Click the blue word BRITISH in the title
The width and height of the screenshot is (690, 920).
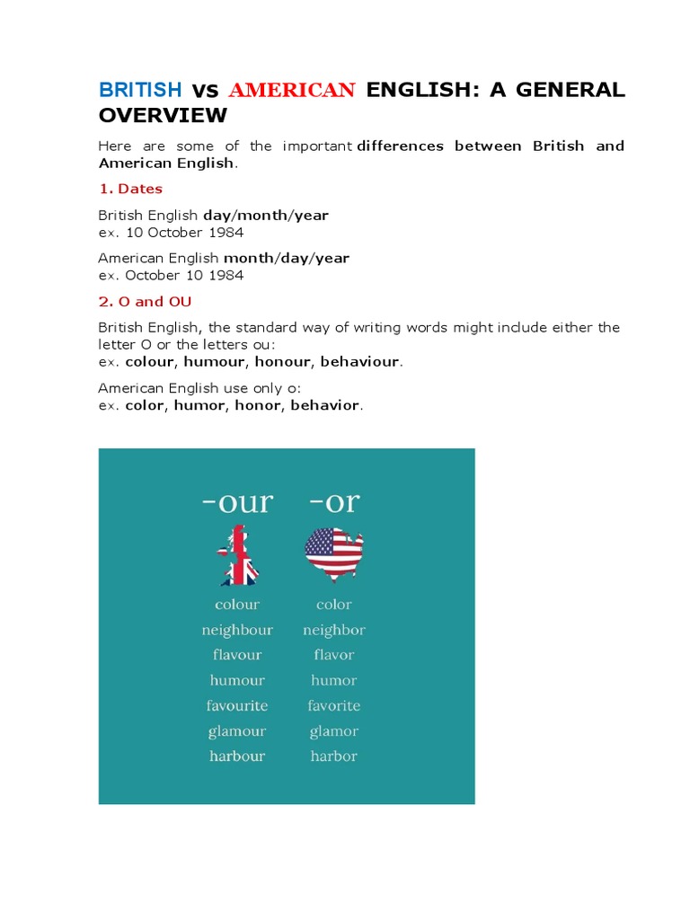click(140, 90)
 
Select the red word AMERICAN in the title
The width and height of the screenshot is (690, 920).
click(293, 90)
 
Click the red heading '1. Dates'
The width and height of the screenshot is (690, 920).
click(130, 189)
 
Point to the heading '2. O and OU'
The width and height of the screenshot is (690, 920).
click(145, 302)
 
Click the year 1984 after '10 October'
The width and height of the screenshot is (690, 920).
click(226, 233)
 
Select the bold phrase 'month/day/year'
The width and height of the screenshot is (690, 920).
click(286, 258)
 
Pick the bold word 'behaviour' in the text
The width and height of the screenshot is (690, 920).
click(361, 361)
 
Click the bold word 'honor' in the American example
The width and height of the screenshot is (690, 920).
click(259, 405)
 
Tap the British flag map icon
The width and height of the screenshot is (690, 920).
click(236, 556)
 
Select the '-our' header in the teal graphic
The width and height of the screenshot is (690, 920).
click(236, 502)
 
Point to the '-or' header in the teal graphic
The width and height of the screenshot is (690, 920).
click(333, 502)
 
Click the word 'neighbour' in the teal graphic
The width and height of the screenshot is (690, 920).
click(237, 630)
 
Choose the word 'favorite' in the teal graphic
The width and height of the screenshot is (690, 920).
click(333, 705)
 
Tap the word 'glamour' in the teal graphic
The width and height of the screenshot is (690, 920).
click(237, 730)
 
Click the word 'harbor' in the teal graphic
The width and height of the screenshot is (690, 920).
click(333, 756)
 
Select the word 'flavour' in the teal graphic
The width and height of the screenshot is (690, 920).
click(237, 655)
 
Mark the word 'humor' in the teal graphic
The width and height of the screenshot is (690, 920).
click(333, 680)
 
